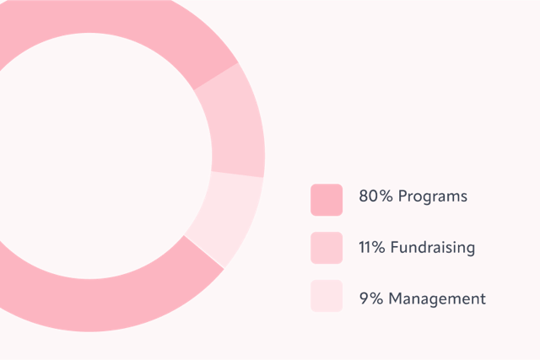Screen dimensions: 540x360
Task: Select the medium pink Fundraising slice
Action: click(238, 127)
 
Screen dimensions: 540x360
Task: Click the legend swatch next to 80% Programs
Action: click(327, 200)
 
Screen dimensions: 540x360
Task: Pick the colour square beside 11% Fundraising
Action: click(327, 248)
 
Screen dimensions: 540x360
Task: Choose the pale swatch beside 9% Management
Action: click(327, 296)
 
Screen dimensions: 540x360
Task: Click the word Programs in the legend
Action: click(433, 197)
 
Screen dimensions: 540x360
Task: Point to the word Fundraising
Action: click(433, 247)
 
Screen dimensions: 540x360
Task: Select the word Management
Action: click(437, 298)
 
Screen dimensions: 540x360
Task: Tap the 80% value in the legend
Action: click(375, 196)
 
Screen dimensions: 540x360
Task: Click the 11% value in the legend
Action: click(372, 247)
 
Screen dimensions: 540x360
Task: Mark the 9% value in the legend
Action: click(371, 298)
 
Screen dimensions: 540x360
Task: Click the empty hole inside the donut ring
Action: click(89, 156)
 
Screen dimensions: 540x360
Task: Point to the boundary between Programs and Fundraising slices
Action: click(216, 77)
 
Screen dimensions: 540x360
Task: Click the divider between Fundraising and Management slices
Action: click(237, 175)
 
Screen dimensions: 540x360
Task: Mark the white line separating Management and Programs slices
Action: click(204, 252)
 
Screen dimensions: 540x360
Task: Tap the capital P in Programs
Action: click(403, 196)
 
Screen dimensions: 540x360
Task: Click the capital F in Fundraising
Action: click(395, 247)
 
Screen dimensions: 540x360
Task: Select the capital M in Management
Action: click(396, 298)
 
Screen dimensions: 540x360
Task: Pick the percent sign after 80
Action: click(386, 196)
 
